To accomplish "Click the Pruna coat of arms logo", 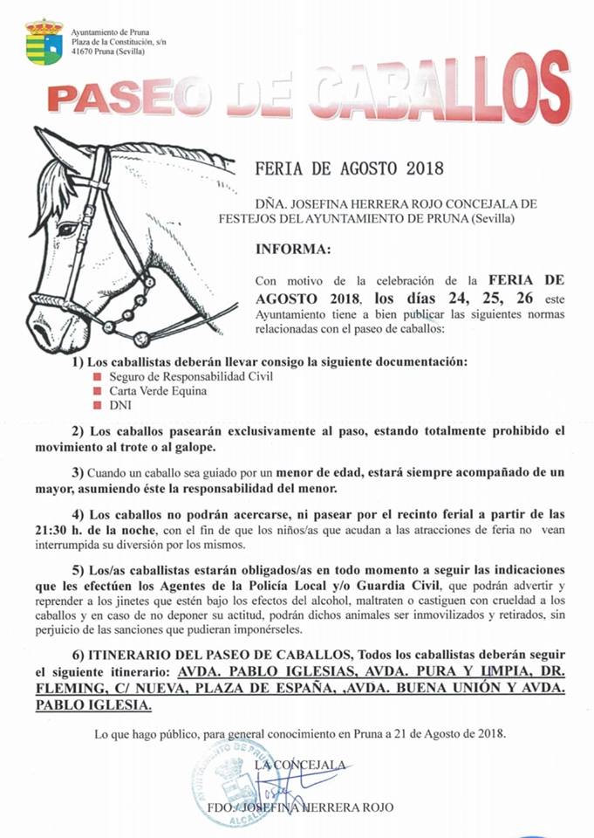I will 44,41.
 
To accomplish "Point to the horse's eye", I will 67,229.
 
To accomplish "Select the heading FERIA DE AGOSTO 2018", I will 349,168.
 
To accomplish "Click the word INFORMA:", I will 293,250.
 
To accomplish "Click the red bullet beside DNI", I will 98,406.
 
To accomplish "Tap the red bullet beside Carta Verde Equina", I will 98,391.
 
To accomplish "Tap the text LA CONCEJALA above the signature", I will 298,765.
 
